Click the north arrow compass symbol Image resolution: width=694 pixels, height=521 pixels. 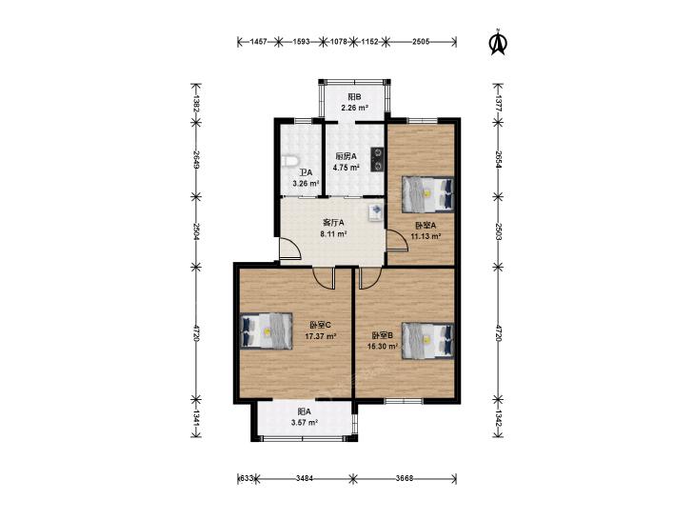[x=498, y=43]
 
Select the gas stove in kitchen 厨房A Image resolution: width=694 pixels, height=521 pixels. [x=377, y=159]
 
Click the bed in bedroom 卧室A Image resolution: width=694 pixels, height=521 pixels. [x=427, y=194]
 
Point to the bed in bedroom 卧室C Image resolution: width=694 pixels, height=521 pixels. [x=266, y=331]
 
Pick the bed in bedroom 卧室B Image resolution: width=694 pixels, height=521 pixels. [x=427, y=340]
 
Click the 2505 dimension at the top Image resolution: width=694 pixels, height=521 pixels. [x=421, y=42]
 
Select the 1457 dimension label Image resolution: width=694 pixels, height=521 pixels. [x=259, y=42]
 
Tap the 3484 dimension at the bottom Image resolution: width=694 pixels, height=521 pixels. [x=305, y=478]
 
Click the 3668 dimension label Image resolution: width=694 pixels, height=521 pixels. [x=404, y=478]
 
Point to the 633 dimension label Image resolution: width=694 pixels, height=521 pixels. [x=247, y=478]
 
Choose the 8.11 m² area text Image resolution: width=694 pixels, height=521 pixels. [x=333, y=233]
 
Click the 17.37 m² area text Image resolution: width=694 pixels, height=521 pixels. [x=321, y=336]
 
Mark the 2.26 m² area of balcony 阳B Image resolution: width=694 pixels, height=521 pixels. [x=354, y=108]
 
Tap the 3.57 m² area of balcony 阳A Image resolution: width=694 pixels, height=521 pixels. [x=305, y=422]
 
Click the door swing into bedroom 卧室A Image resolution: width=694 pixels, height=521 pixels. [x=397, y=241]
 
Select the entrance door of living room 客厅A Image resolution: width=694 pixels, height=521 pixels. [x=290, y=248]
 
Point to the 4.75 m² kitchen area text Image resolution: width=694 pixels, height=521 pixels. [x=347, y=168]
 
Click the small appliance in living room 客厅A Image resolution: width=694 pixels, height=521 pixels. [x=376, y=212]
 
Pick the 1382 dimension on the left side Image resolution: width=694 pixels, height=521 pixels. [x=195, y=103]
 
